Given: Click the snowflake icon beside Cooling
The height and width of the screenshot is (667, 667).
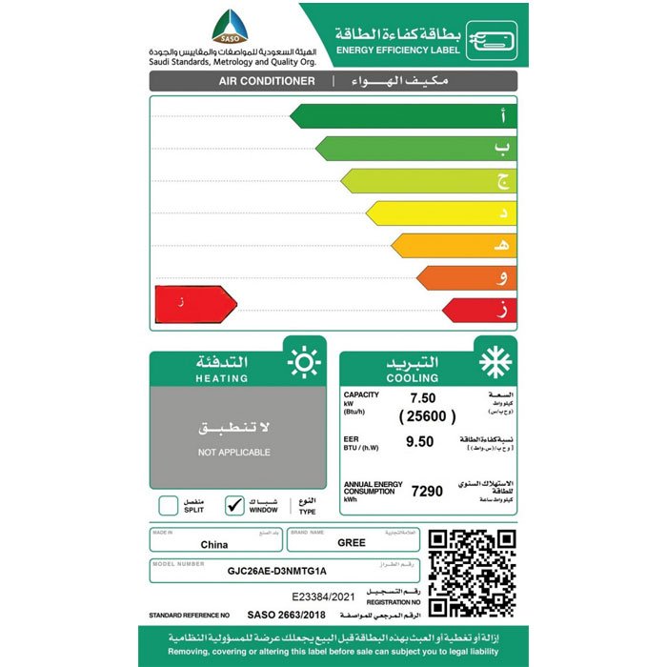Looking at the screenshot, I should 495,363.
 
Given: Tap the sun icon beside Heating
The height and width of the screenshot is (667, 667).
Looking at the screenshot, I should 304,363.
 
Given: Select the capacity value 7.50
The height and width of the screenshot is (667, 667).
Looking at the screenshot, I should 422,397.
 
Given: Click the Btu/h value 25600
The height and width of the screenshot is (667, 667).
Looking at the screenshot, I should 426,416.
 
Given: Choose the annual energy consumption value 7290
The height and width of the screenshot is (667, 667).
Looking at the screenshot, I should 427,491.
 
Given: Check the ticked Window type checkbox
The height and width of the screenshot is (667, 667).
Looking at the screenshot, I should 234,505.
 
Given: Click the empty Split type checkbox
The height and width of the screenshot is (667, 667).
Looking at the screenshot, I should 168,505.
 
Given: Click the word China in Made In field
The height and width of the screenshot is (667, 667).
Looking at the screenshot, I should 214,545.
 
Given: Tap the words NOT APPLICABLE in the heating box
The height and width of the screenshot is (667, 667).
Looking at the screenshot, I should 234,452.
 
